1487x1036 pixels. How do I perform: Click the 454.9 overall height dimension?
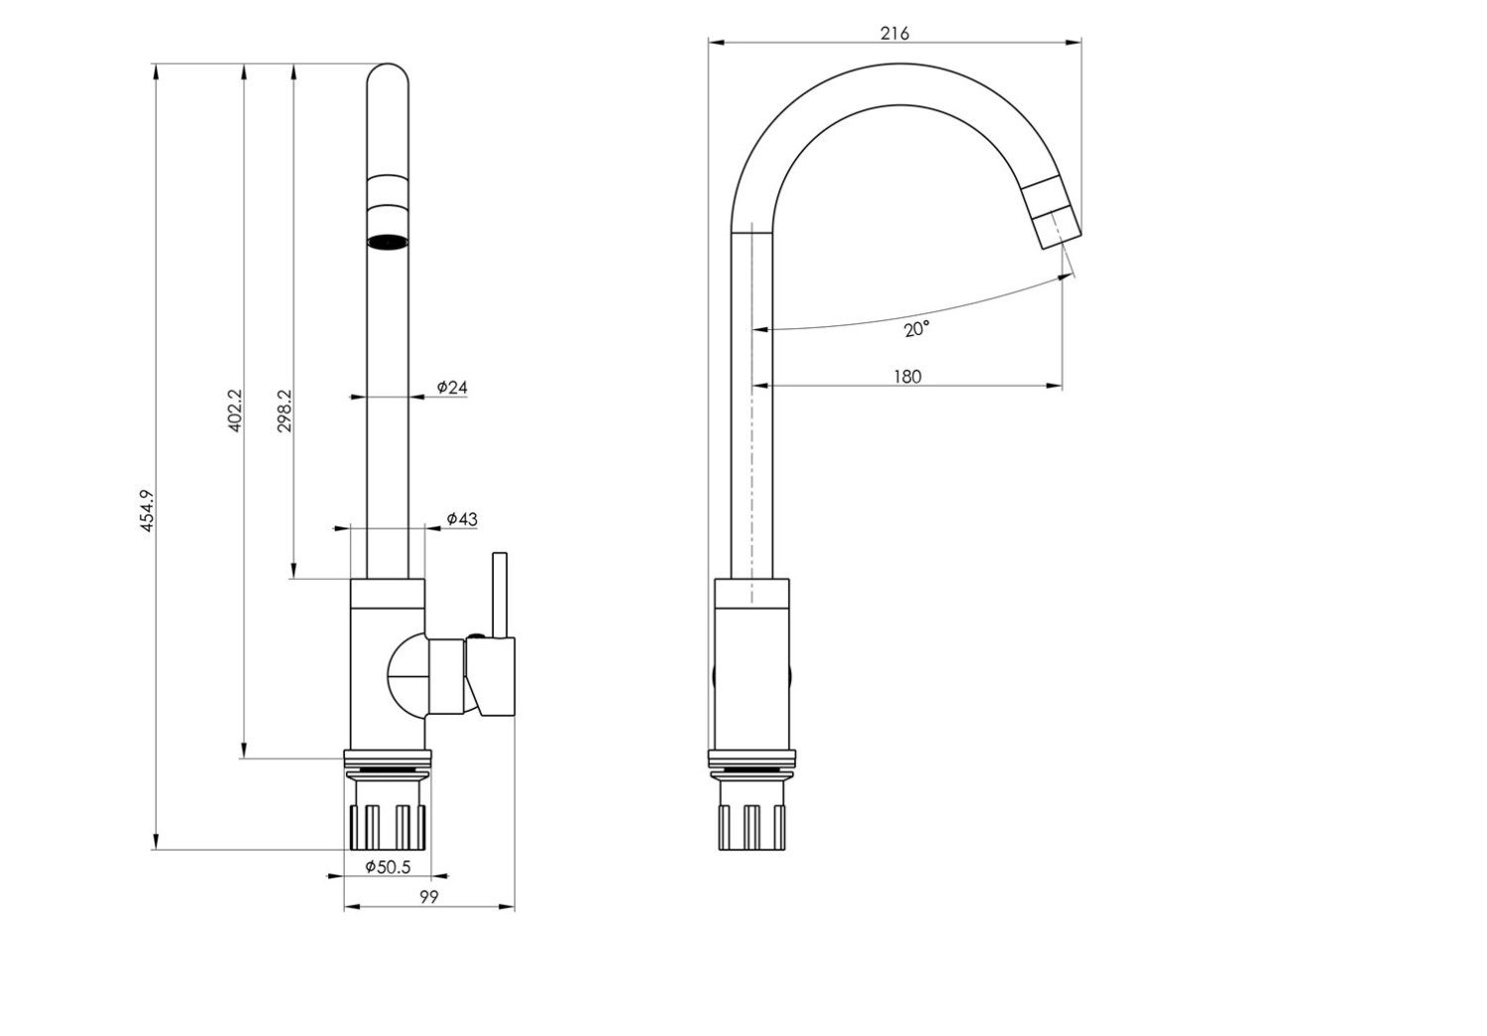(x=147, y=511)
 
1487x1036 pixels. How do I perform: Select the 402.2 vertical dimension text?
(x=235, y=409)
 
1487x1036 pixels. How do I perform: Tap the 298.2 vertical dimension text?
(x=285, y=409)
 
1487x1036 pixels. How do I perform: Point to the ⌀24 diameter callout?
(x=452, y=387)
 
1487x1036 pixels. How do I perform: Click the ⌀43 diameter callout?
(x=461, y=518)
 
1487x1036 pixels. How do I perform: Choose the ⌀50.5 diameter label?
(x=388, y=866)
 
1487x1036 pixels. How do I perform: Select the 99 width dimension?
(x=428, y=896)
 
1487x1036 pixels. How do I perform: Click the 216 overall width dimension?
(x=894, y=33)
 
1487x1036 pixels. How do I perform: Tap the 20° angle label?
(x=916, y=328)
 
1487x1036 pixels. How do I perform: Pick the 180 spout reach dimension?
(x=906, y=376)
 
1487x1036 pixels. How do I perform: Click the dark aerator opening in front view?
(x=388, y=241)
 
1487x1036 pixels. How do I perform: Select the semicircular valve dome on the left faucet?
(x=405, y=676)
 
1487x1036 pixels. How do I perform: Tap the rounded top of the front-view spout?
(x=388, y=79)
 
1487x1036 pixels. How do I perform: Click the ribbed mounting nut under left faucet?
(x=388, y=826)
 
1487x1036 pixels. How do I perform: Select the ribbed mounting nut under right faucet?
(x=751, y=826)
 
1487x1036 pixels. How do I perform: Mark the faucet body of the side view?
(x=751, y=664)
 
